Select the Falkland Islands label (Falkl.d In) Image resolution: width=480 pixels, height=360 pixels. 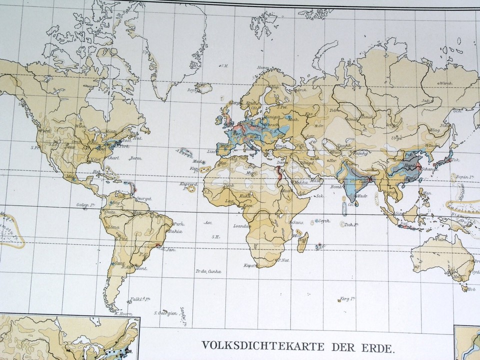141,299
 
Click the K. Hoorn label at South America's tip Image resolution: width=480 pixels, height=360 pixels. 122,314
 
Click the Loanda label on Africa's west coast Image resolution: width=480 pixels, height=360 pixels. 239,225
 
